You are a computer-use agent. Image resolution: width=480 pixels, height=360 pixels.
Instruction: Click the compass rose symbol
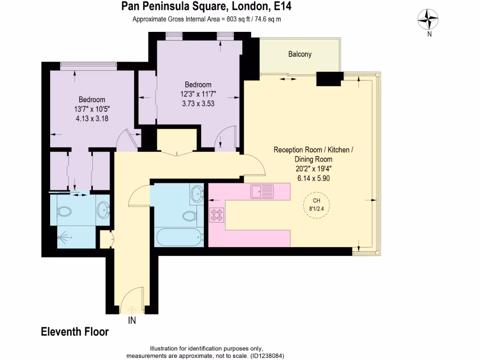[x=428, y=20]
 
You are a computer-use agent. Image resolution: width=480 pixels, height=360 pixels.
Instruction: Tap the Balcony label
[x=300, y=54]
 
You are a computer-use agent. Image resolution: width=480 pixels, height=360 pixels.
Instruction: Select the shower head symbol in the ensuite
[x=62, y=238]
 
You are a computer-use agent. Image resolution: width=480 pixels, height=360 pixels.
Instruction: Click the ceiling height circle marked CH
[x=316, y=204]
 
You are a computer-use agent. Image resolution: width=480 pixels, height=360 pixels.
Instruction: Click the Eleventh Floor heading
[x=75, y=332]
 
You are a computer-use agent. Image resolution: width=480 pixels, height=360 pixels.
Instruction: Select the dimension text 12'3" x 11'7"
[x=198, y=94]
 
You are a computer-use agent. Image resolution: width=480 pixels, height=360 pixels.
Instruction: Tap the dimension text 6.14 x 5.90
[x=313, y=178]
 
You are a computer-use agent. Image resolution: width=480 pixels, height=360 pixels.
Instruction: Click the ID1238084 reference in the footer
[x=267, y=356]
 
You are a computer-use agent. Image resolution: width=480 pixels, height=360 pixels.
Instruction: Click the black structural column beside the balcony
[x=330, y=79]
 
